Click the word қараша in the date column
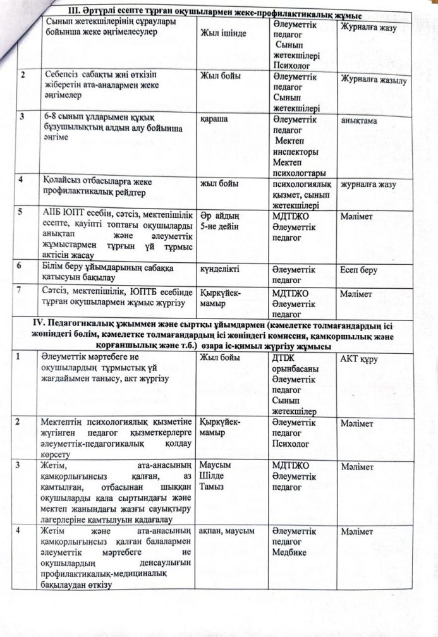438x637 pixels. [x=213, y=118]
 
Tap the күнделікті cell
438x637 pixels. [x=219, y=270]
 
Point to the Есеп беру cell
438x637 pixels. [x=358, y=270]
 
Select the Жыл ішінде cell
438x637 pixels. [x=224, y=32]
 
